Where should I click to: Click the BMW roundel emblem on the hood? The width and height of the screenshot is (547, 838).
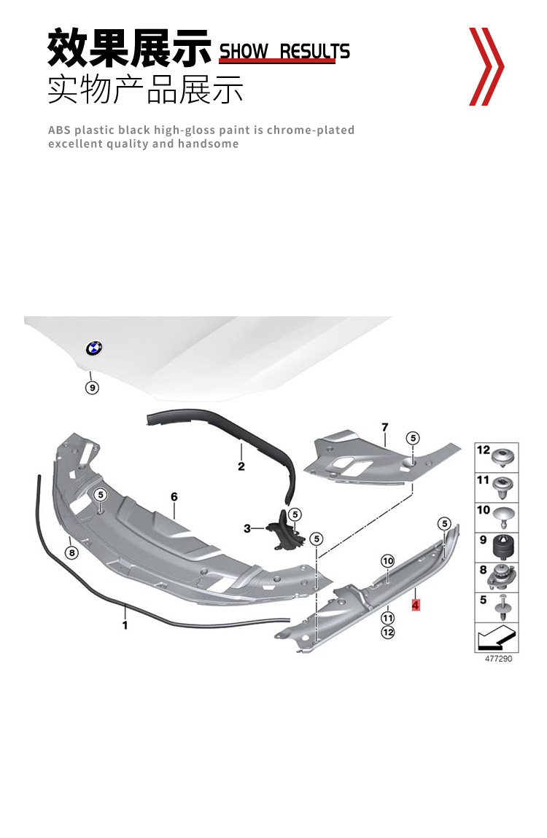pyautogui.click(x=94, y=348)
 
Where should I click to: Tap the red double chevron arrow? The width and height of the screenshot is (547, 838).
pyautogui.click(x=485, y=66)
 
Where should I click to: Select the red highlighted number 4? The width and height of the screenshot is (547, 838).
pyautogui.click(x=416, y=605)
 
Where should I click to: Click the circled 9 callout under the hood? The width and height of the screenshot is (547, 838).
pyautogui.click(x=92, y=388)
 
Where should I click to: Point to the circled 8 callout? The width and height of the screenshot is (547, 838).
pyautogui.click(x=71, y=552)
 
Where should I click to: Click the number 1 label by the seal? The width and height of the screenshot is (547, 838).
pyautogui.click(x=125, y=625)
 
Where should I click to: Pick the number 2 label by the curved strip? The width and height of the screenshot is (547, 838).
pyautogui.click(x=241, y=466)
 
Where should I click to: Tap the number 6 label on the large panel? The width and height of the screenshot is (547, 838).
pyautogui.click(x=174, y=497)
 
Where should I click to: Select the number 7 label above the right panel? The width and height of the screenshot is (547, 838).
pyautogui.click(x=384, y=426)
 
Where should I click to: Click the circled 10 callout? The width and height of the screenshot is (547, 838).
pyautogui.click(x=387, y=560)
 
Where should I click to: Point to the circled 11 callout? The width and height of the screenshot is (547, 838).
pyautogui.click(x=387, y=618)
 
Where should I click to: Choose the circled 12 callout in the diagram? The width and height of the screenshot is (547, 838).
pyautogui.click(x=387, y=632)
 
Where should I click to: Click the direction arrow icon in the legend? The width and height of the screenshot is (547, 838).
pyautogui.click(x=496, y=638)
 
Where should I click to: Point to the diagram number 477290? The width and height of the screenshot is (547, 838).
pyautogui.click(x=498, y=659)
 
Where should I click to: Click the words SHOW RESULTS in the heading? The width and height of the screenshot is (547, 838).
pyautogui.click(x=284, y=51)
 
